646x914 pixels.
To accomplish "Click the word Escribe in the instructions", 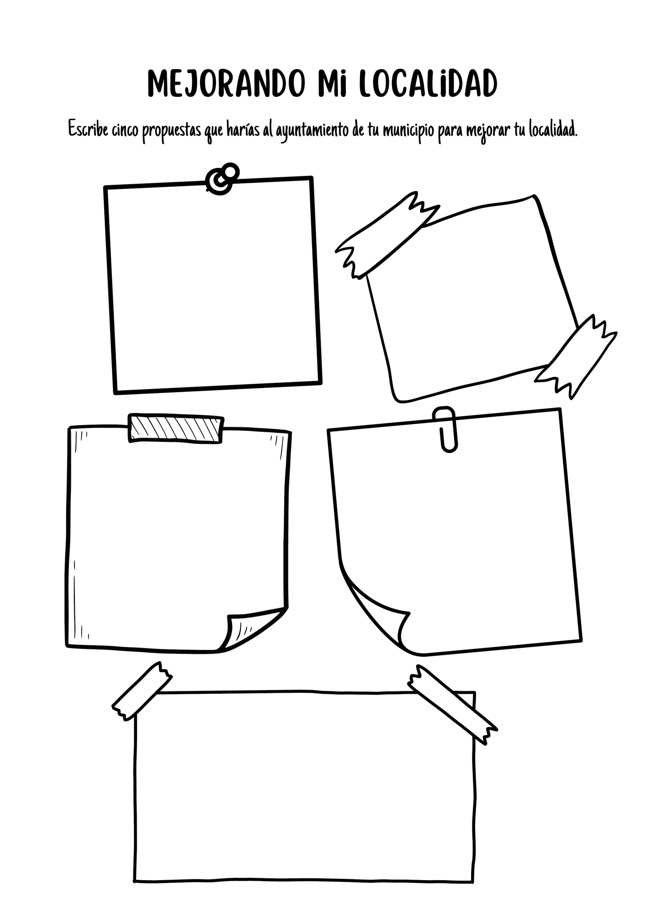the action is click(x=88, y=129).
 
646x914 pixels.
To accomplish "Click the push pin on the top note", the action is click(x=222, y=179).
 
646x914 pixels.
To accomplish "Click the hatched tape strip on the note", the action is click(x=176, y=428).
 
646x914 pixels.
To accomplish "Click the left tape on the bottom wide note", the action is click(x=142, y=692).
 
